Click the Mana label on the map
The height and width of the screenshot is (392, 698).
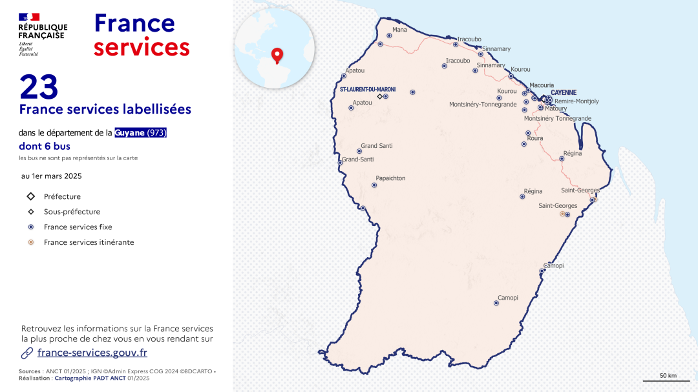pyautogui.click(x=400, y=30)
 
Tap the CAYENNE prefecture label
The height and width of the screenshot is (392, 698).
pyautogui.click(x=564, y=92)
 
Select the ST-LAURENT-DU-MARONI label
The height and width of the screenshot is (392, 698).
pyautogui.click(x=368, y=89)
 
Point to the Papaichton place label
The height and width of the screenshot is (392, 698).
pyautogui.click(x=390, y=178)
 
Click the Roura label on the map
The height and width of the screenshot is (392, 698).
pyautogui.click(x=535, y=138)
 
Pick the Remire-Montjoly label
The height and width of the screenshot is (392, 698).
pyautogui.click(x=576, y=101)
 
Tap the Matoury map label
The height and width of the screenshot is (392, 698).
pyautogui.click(x=556, y=108)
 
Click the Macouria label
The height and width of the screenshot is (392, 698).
pyautogui.click(x=542, y=85)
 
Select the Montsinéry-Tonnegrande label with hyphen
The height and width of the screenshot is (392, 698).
pyautogui.click(x=483, y=104)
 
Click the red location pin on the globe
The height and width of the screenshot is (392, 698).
pyautogui.click(x=278, y=56)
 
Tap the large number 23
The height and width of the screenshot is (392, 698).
pyautogui.click(x=39, y=87)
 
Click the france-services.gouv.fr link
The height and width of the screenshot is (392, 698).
pyautogui.click(x=92, y=353)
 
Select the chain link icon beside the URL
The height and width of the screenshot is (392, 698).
pyautogui.click(x=27, y=353)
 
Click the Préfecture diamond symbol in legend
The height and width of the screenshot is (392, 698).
pyautogui.click(x=30, y=196)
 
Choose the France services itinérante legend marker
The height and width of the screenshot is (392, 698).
pyautogui.click(x=30, y=242)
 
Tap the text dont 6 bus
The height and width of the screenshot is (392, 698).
pyautogui.click(x=45, y=147)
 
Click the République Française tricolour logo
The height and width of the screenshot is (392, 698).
pyautogui.click(x=29, y=17)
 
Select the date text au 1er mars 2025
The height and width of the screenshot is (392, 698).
pyautogui.click(x=52, y=176)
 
